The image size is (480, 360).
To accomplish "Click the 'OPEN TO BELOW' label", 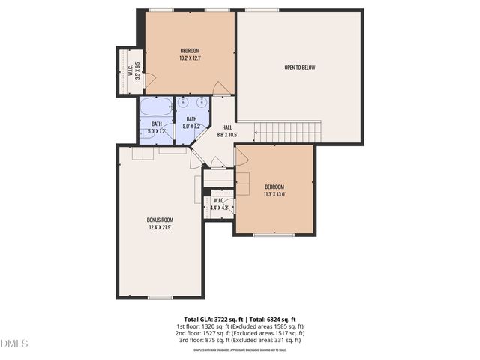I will click(299, 67).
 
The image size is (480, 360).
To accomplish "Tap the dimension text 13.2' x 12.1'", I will click(189, 58).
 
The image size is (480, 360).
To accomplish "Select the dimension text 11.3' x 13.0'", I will click(274, 194).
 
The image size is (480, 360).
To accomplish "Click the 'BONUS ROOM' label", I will click(160, 220).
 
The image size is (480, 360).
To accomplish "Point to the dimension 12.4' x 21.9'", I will click(160, 228).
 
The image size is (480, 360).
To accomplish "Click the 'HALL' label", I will click(226, 127).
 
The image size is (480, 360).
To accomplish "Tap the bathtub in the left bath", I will click(156, 106).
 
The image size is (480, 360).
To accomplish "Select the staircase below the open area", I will click(289, 133).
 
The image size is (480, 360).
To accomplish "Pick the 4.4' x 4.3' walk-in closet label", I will click(219, 205).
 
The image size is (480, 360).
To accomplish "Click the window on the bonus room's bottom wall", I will click(160, 298).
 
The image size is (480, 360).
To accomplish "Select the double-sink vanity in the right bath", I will click(193, 103).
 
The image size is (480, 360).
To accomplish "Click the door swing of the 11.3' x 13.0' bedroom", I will click(242, 157).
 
